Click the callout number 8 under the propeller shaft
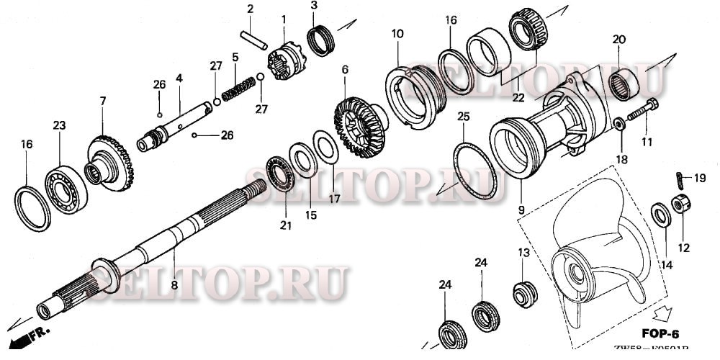pyautogui.click(x=174, y=285)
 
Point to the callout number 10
pyautogui.click(x=397, y=33)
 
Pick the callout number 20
pyautogui.click(x=619, y=39)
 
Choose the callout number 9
pyautogui.click(x=519, y=210)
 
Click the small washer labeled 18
pyautogui.click(x=618, y=125)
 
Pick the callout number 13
pyautogui.click(x=523, y=252)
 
